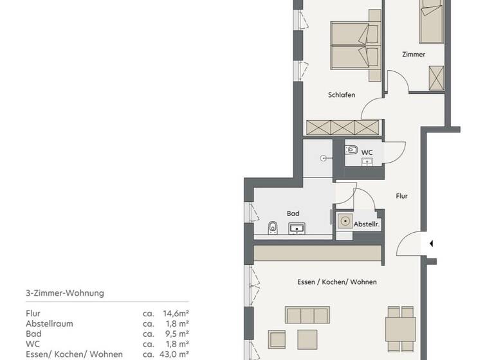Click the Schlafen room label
(x=342, y=95)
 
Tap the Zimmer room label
(x=414, y=55)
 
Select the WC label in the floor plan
(x=367, y=152)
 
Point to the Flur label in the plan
(x=402, y=196)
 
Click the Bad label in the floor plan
(x=293, y=214)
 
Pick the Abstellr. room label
(x=367, y=224)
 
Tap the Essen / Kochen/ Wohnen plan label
(x=337, y=282)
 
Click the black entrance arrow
(x=432, y=243)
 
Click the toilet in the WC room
(x=351, y=150)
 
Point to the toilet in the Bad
(x=272, y=228)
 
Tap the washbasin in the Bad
(x=297, y=228)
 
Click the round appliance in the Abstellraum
(x=345, y=222)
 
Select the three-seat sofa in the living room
(x=307, y=315)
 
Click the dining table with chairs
(x=400, y=327)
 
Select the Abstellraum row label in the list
(x=50, y=323)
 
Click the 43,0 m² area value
(x=174, y=354)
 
